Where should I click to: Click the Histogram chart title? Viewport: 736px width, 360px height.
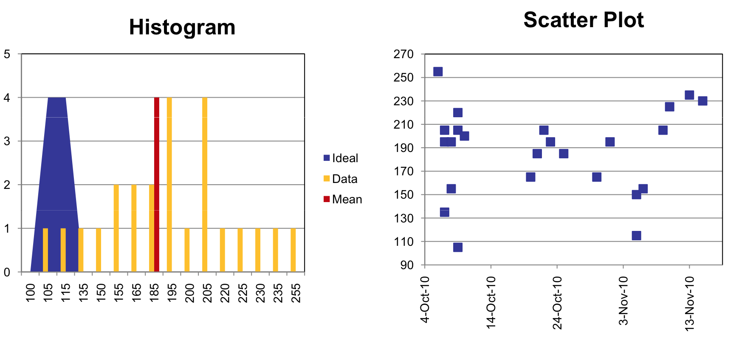(x=182, y=27)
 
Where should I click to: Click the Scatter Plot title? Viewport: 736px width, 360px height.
(x=584, y=20)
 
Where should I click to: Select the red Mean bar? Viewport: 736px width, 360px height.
(x=157, y=185)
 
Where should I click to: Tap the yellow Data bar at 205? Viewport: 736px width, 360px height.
(x=205, y=185)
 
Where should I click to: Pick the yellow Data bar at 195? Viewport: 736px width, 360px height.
(x=169, y=185)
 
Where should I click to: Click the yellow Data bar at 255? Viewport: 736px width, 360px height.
(x=293, y=250)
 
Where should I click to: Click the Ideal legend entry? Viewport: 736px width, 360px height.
(x=344, y=158)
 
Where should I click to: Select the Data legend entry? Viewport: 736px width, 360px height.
(x=344, y=179)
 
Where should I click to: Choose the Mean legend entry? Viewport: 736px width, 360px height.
(x=346, y=199)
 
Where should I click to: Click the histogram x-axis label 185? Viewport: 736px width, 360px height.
(x=155, y=293)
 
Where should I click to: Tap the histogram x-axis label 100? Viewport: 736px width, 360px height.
(x=31, y=293)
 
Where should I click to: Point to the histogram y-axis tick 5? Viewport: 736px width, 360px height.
(x=7, y=54)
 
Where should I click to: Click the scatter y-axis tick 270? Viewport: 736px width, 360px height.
(x=403, y=54)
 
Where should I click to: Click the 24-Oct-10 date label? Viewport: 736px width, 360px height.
(x=557, y=302)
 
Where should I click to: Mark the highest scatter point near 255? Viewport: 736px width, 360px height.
(x=438, y=71)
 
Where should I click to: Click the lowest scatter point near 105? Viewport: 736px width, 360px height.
(x=457, y=247)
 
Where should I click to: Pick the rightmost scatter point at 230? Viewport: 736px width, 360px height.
(x=702, y=101)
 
